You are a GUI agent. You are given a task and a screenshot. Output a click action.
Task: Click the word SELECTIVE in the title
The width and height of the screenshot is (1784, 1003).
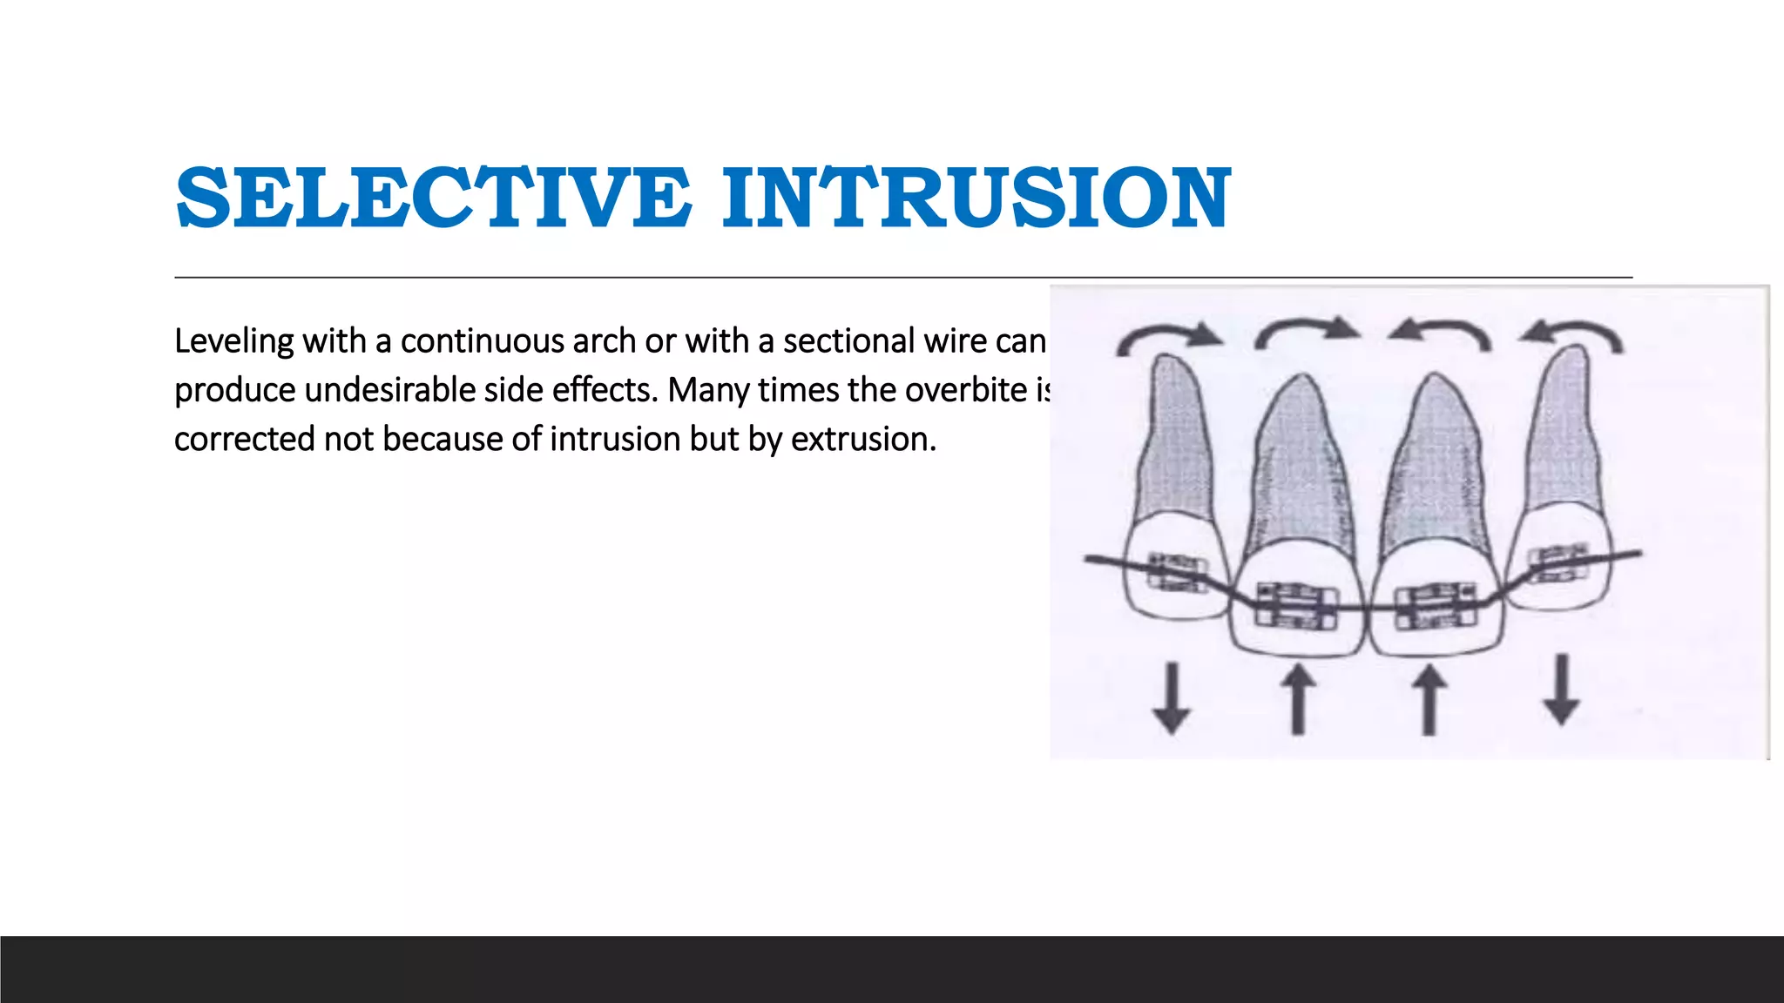(434, 199)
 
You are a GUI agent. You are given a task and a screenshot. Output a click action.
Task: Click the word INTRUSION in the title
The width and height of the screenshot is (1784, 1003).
(976, 199)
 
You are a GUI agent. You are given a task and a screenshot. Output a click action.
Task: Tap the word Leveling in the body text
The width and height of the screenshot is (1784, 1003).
(233, 341)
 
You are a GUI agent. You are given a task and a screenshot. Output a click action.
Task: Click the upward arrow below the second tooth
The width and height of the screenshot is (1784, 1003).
(1298, 698)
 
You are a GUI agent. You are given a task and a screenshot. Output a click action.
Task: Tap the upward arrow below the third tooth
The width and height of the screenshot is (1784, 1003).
(1429, 698)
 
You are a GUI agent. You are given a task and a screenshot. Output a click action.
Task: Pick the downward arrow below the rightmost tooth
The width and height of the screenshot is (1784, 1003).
(1561, 690)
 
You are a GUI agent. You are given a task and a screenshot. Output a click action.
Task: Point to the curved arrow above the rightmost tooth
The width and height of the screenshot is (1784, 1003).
(1571, 334)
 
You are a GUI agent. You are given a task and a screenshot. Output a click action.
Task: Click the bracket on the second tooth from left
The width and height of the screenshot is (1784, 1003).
(1296, 604)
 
